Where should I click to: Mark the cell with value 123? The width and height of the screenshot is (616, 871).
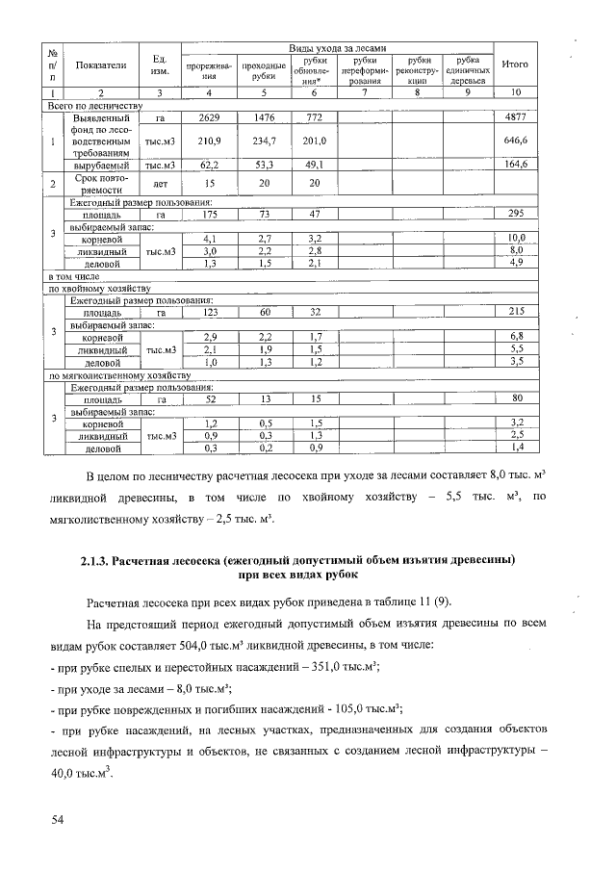coord(209,313)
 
